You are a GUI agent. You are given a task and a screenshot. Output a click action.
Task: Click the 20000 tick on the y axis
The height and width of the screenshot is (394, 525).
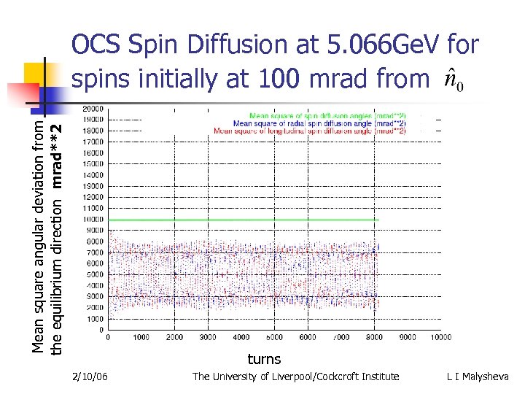click(x=93, y=108)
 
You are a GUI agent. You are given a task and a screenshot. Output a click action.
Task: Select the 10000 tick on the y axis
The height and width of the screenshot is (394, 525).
click(x=93, y=219)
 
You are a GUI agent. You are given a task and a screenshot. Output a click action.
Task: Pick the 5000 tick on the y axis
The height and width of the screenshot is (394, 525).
click(x=95, y=274)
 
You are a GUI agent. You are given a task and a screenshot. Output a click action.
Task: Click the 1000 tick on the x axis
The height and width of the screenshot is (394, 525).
click(x=141, y=337)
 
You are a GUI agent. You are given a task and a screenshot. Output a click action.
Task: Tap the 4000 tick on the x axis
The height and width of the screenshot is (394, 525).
click(x=241, y=337)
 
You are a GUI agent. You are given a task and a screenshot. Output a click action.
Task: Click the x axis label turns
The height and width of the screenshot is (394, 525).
click(x=264, y=358)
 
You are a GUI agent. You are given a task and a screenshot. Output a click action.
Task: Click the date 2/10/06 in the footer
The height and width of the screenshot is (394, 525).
click(x=91, y=376)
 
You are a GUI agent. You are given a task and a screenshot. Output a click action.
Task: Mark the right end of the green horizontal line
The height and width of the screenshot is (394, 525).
click(x=379, y=219)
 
